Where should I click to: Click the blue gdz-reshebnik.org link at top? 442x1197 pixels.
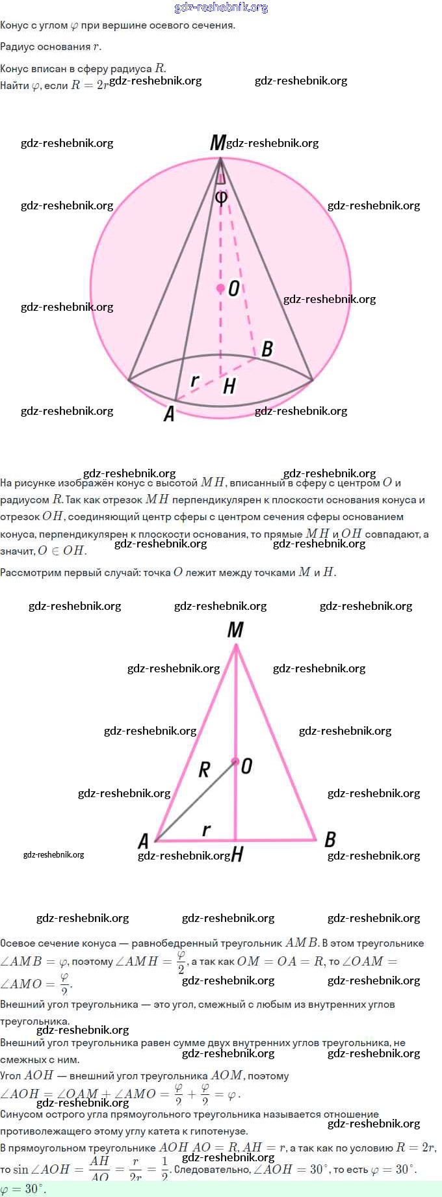(221, 8)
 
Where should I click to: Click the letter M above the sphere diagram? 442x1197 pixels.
(218, 142)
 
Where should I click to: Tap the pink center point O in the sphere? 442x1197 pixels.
(221, 288)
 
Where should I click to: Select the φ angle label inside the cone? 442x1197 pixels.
(221, 196)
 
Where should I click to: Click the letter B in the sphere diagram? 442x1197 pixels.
(267, 349)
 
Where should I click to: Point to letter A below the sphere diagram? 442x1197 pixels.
(169, 414)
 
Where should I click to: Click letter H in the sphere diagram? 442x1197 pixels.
(229, 387)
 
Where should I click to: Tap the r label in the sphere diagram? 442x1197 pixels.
(194, 380)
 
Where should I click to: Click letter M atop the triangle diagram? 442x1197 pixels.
(235, 629)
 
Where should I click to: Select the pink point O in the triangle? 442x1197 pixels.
(235, 761)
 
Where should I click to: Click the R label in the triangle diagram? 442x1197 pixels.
(204, 770)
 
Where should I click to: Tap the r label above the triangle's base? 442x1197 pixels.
(206, 830)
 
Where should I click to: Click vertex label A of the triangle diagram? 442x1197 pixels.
(144, 841)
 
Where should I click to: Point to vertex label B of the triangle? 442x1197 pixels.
(330, 839)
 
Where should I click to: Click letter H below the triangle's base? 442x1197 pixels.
(237, 854)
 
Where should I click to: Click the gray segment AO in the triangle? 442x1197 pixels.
(195, 801)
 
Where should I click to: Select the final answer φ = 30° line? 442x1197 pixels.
(23, 1189)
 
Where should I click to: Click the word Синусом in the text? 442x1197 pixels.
(21, 1114)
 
